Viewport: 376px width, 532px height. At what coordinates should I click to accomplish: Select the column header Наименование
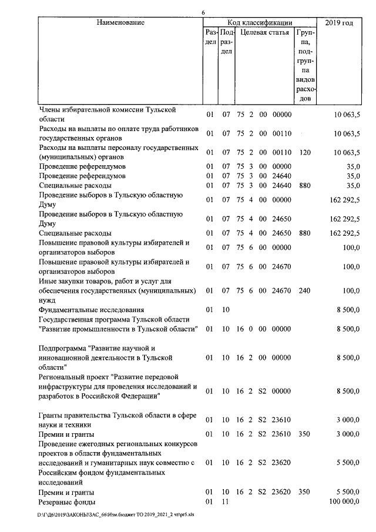[x=121, y=23]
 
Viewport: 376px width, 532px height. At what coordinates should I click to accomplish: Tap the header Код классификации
[x=260, y=23]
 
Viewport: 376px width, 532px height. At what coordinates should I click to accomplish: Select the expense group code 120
[x=304, y=152]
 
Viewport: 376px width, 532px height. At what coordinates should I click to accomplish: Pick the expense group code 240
[x=304, y=290]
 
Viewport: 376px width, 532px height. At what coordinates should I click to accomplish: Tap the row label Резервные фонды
[x=67, y=502]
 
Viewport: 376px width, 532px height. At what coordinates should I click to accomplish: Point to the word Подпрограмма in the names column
[x=63, y=348]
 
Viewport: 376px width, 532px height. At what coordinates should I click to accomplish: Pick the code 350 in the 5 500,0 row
[x=304, y=492]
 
